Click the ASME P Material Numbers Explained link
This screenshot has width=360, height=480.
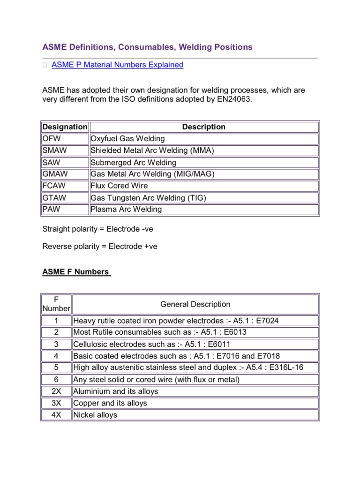[x=117, y=65]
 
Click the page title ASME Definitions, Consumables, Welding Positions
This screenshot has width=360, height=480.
[x=147, y=47]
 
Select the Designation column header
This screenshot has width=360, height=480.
[x=65, y=127]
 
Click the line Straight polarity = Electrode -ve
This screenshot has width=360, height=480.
[x=97, y=229]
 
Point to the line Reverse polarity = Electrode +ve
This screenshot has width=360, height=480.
[x=100, y=246]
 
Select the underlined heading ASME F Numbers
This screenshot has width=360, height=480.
[x=76, y=272]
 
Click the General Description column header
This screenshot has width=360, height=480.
[x=195, y=304]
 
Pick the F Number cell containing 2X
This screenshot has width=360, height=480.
[x=56, y=391]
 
